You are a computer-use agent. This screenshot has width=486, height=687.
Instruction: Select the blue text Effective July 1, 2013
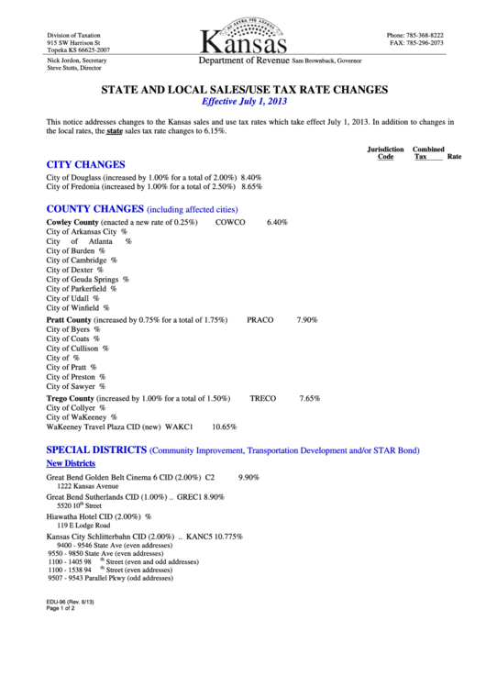click(x=243, y=102)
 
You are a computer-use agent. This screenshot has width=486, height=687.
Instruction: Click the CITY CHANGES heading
click(x=85, y=164)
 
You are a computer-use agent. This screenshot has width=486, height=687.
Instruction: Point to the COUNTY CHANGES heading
click(x=95, y=208)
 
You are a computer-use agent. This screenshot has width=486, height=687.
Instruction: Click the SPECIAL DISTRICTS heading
click(x=97, y=450)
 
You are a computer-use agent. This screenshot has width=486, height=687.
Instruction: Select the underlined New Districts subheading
click(x=71, y=464)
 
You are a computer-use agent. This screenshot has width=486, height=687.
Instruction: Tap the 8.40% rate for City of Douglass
click(x=251, y=176)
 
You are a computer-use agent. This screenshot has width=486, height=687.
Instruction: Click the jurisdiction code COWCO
click(x=230, y=222)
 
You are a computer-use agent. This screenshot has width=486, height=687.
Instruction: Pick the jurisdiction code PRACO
click(x=260, y=320)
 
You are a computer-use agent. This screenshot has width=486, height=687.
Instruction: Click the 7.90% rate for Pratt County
click(x=307, y=320)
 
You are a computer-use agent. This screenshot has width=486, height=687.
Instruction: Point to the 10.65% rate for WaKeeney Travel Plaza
click(x=225, y=427)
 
